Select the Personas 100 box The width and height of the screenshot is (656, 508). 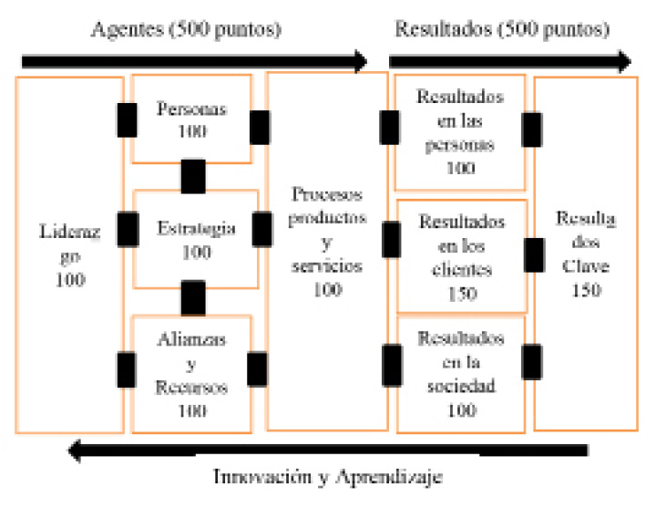[192, 119]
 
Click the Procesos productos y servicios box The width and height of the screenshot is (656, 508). [327, 251]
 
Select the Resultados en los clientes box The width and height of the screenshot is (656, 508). [462, 256]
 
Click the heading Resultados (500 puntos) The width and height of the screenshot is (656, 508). [502, 29]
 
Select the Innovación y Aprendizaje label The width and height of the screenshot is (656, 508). [329, 476]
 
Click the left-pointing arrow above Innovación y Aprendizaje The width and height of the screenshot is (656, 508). [328, 449]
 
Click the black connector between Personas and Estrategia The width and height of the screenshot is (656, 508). [193, 176]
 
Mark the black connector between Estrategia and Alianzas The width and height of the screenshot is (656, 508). [193, 297]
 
